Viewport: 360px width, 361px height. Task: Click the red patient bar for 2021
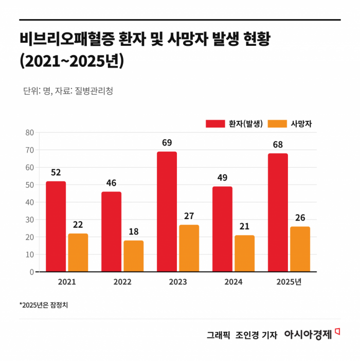click(56, 226)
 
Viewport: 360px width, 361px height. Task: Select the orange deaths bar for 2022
click(134, 256)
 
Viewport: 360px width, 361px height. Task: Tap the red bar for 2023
click(167, 211)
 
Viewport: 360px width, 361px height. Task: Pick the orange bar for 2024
click(244, 254)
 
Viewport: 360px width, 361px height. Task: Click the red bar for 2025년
click(278, 212)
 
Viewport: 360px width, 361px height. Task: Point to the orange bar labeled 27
click(189, 248)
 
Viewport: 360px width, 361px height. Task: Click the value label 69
click(167, 142)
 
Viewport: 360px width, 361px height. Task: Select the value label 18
click(134, 231)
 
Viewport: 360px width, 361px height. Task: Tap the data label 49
click(222, 177)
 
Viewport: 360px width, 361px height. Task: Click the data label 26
click(300, 218)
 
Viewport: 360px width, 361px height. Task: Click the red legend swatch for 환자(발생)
click(215, 123)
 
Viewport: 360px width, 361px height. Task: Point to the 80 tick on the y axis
click(29, 133)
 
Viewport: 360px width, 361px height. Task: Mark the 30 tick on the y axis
click(29, 220)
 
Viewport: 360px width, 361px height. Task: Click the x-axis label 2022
click(122, 282)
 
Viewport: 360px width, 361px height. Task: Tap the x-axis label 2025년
click(289, 282)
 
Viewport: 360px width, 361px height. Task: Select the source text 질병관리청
click(94, 91)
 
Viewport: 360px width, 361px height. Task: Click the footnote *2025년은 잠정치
click(44, 305)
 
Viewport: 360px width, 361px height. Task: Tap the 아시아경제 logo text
click(308, 334)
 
